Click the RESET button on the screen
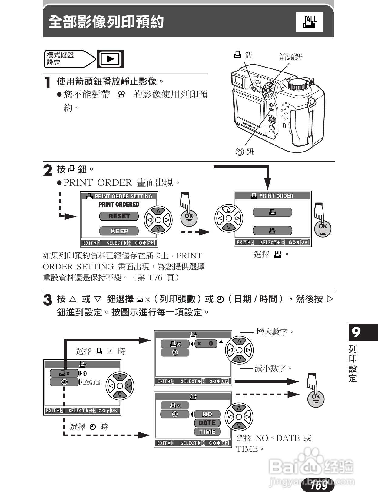119,216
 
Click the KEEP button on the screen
119,231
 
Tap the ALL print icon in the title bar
310,22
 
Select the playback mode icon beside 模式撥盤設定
110,59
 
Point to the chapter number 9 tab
356,332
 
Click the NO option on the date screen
207,414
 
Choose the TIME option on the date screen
207,432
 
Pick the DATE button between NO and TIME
207,423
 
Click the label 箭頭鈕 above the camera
290,57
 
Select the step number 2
48,170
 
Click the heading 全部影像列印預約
106,22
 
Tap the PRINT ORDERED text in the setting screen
119,205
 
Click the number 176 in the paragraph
155,278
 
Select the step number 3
48,300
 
